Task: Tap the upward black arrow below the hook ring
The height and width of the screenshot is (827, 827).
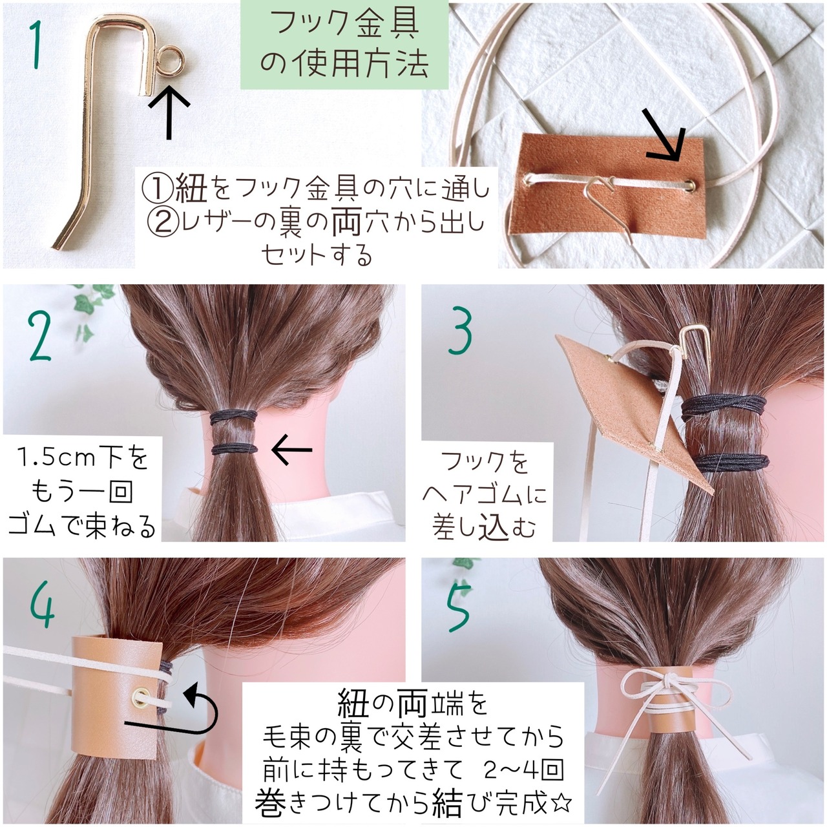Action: pos(169,112)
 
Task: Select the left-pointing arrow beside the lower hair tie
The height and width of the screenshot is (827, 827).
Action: pos(292,450)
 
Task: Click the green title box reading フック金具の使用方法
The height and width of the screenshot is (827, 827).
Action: pos(344,45)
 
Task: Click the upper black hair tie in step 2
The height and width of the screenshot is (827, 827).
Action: pos(233,417)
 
